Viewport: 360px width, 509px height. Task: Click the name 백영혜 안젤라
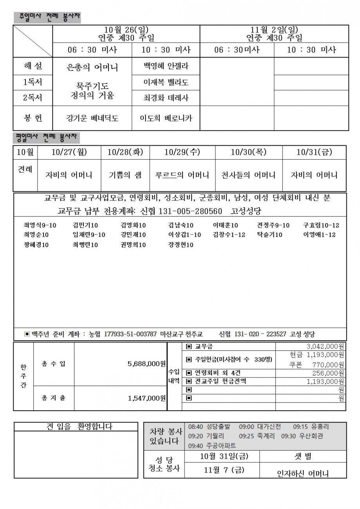pyautogui.click(x=166, y=66)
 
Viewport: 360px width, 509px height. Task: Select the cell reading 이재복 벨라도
pyautogui.click(x=166, y=82)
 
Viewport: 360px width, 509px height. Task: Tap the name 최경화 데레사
pyautogui.click(x=166, y=98)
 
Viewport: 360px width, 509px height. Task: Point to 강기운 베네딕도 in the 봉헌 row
pyautogui.click(x=92, y=118)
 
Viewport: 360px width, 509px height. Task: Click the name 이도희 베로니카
pyautogui.click(x=166, y=118)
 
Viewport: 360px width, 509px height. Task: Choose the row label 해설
pyautogui.click(x=33, y=66)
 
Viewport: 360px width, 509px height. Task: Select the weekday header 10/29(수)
pyautogui.click(x=182, y=152)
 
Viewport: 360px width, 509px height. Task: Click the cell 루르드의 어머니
pyautogui.click(x=182, y=175)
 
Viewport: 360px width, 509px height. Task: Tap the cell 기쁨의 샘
pyautogui.click(x=125, y=175)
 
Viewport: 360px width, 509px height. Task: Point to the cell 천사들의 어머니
pyautogui.click(x=248, y=175)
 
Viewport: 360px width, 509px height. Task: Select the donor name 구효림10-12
pyautogui.click(x=321, y=225)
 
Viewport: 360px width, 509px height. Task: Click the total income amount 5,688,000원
pyautogui.click(x=147, y=364)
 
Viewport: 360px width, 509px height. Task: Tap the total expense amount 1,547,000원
pyautogui.click(x=147, y=398)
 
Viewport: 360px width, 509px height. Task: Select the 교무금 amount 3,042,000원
pyautogui.click(x=325, y=347)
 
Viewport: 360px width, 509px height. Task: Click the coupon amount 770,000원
pyautogui.click(x=328, y=365)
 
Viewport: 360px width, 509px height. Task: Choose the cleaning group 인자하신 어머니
pyautogui.click(x=303, y=473)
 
